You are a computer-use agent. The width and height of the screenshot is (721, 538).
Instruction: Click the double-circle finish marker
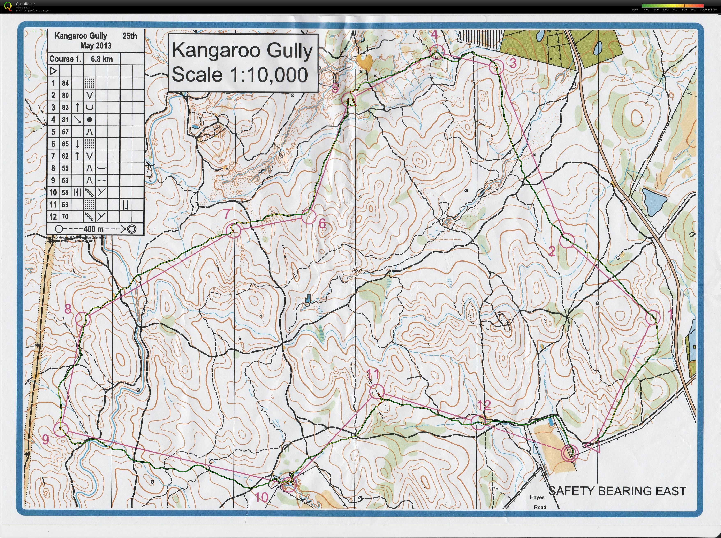(x=570, y=453)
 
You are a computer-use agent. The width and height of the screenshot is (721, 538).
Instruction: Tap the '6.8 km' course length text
(x=102, y=59)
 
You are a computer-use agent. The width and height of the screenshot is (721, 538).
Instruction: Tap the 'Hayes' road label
(x=537, y=497)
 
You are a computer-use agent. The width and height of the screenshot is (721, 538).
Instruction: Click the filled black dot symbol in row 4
(x=90, y=120)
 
